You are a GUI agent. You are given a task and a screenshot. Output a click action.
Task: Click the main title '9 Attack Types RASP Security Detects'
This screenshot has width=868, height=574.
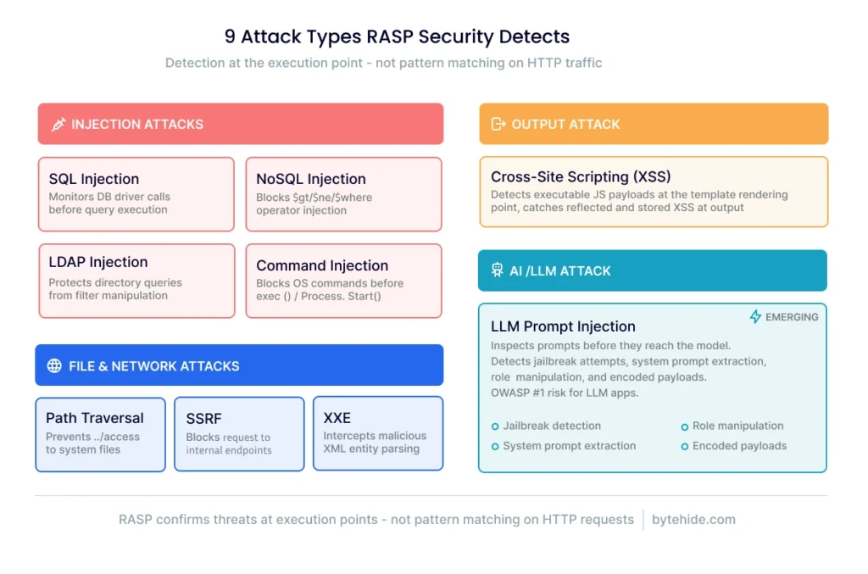[397, 36]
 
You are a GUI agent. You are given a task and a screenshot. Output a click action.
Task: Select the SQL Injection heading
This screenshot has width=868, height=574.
[94, 179]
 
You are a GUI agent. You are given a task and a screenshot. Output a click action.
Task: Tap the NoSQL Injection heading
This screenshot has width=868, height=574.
[311, 179]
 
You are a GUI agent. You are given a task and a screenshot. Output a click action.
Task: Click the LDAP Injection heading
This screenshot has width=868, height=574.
[98, 262]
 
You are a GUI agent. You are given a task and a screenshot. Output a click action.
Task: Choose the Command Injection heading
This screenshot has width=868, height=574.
[322, 265]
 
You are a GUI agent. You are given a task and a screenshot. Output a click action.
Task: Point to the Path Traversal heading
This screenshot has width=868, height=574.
[95, 418]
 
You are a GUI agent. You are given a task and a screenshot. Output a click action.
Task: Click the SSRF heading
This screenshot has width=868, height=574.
[204, 419]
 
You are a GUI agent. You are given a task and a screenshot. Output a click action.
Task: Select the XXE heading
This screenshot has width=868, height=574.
[338, 418]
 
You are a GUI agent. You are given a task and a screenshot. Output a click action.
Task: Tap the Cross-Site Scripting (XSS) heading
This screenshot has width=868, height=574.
[581, 176]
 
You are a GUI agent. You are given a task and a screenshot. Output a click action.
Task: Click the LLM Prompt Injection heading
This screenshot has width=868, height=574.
[563, 326]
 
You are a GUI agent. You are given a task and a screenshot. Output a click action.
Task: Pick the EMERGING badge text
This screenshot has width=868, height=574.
[793, 317]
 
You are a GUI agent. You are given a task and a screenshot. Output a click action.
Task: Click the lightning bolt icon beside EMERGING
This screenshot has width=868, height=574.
[755, 317]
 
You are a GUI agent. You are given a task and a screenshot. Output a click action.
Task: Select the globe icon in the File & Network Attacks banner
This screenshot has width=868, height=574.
[54, 366]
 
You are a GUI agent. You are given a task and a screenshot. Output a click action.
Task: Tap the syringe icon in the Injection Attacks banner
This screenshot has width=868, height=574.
[58, 125]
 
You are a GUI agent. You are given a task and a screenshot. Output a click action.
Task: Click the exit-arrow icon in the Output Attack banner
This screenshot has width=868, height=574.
[498, 124]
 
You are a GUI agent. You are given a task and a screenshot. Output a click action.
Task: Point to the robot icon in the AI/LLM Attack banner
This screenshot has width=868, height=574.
[497, 271]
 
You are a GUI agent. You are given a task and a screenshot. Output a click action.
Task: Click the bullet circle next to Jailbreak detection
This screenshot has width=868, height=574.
[495, 426]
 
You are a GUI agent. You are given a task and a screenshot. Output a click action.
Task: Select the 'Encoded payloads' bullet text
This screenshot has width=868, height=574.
[739, 446]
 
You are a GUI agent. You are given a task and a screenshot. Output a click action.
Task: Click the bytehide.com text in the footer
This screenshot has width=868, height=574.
[693, 520]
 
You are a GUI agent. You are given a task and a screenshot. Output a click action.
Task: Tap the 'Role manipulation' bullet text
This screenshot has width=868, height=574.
[737, 426]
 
